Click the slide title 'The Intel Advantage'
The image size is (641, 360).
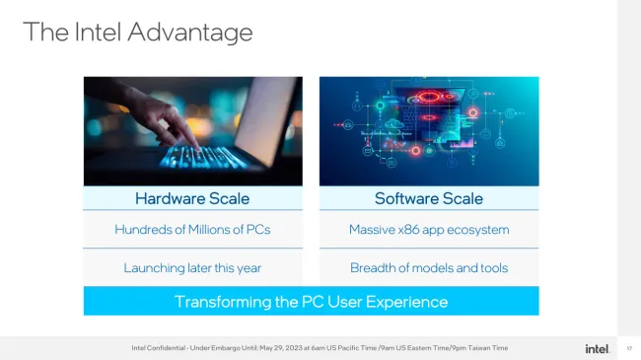tap(137, 33)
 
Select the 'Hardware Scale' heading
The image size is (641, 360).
tap(192, 198)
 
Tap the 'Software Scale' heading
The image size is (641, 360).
tap(429, 198)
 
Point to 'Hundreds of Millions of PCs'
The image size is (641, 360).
tap(192, 230)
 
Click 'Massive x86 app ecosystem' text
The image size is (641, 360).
tap(429, 230)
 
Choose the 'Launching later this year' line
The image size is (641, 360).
tap(192, 267)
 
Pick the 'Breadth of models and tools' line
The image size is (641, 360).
tap(429, 267)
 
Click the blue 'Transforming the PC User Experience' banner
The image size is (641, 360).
tap(311, 301)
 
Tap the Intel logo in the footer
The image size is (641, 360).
tap(597, 348)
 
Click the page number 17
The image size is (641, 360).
tap(629, 348)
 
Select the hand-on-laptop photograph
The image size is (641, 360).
tap(192, 131)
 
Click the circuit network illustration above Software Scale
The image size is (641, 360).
tap(429, 131)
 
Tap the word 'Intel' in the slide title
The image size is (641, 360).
tap(102, 33)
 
